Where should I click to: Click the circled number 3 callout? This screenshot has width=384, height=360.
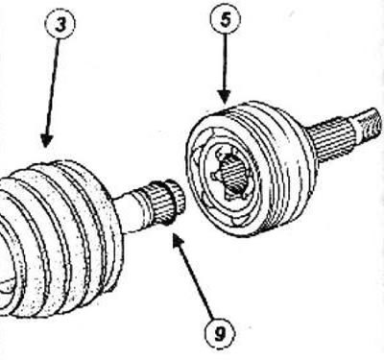60,24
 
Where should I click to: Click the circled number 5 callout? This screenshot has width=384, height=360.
226,19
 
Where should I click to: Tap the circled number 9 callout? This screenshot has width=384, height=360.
220,334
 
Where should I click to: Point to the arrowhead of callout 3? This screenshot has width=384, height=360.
46,141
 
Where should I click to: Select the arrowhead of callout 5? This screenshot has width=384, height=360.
225,97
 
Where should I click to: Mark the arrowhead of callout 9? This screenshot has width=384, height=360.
178,241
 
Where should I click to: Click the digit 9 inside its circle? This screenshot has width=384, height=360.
220,335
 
